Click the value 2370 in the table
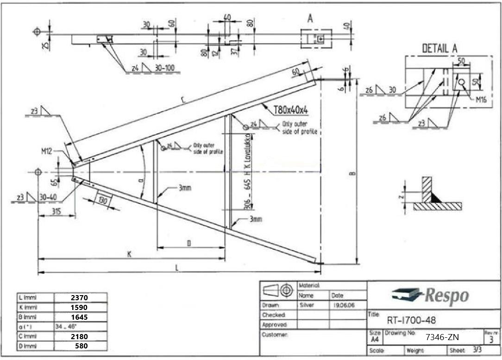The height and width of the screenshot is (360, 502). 79,297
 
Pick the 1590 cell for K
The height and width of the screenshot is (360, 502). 79,307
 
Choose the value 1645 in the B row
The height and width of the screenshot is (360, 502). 79,317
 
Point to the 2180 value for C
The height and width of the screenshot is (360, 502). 79,336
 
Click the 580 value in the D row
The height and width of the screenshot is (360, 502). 81,346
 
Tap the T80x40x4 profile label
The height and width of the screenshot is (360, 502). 291,110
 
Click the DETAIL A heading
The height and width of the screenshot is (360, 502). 439,48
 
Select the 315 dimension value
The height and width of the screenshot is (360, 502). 56,212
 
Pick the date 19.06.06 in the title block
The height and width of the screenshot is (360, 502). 343,305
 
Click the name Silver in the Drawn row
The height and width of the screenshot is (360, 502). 307,305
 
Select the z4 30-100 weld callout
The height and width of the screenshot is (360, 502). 152,69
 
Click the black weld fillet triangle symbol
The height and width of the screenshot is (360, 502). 436,197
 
